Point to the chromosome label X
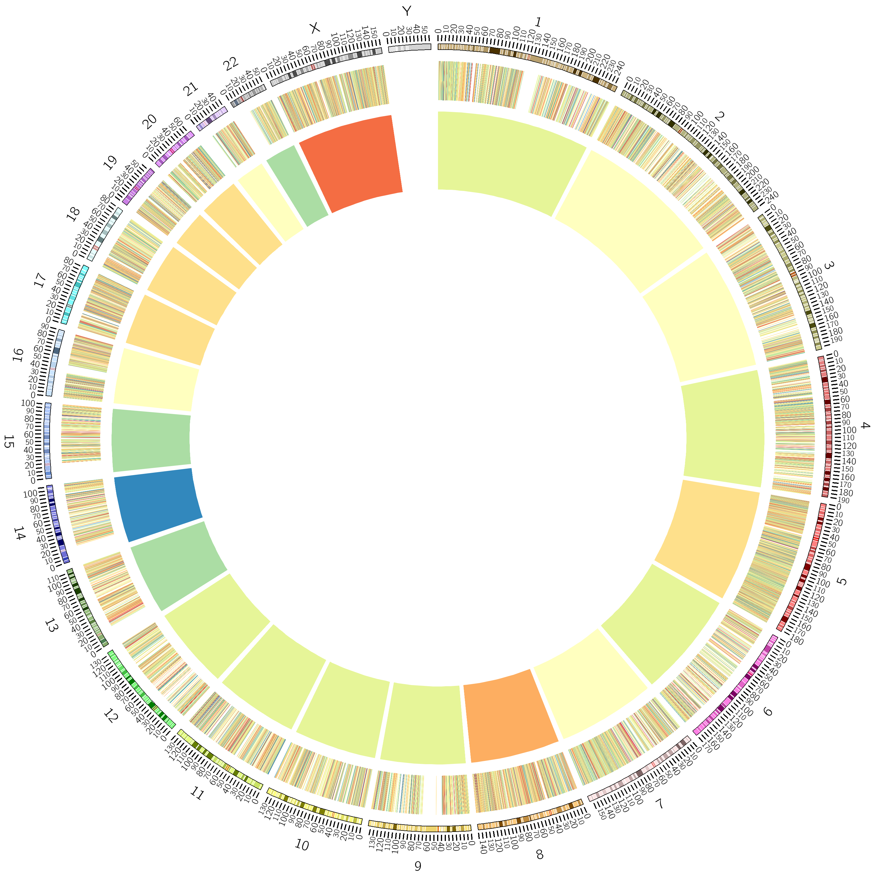pos(314,28)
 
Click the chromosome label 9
pos(418,865)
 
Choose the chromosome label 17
pos(40,280)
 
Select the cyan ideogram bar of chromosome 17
pos(75,295)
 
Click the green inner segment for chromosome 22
pos(297,186)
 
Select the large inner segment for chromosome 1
pos(508,159)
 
